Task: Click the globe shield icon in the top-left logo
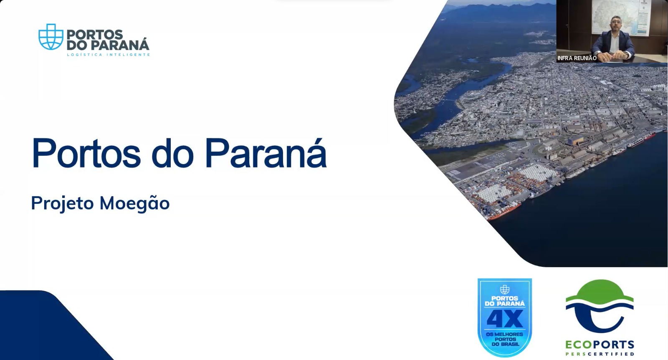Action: (51, 37)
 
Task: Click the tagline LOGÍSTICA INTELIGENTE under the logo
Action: (108, 55)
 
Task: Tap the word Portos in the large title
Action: (86, 153)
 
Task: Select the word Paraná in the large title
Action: (266, 153)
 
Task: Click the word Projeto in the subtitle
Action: (62, 204)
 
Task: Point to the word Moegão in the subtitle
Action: (134, 204)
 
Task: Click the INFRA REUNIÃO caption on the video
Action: (577, 58)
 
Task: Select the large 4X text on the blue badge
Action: (505, 319)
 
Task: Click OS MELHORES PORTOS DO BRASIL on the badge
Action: (505, 339)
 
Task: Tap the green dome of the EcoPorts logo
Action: (600, 291)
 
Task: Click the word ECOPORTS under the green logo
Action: (600, 345)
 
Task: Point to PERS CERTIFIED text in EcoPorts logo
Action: (600, 354)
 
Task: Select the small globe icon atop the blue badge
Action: (505, 289)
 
